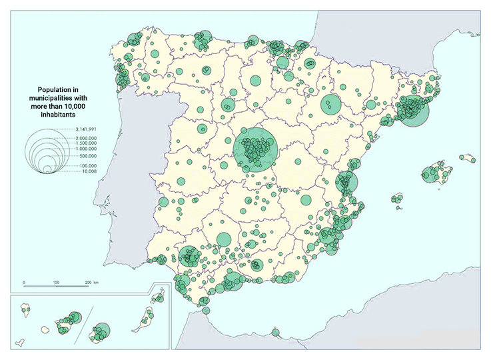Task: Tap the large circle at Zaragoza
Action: (330, 104)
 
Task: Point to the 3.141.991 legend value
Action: (87, 128)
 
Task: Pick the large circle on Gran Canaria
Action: (102, 331)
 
